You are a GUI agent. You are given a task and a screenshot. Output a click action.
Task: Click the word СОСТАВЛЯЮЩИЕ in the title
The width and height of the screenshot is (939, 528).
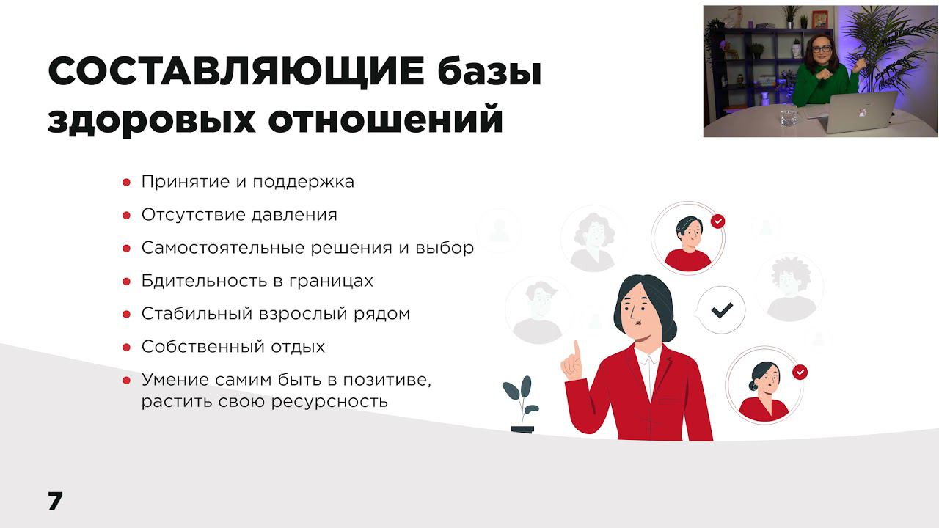(x=236, y=73)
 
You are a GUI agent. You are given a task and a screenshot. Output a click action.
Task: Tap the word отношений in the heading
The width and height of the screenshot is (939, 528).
(x=385, y=120)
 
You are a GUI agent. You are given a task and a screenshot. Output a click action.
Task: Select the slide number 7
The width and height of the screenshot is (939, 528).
(x=55, y=502)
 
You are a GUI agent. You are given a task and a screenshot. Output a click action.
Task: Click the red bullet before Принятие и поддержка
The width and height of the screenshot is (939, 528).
(x=126, y=183)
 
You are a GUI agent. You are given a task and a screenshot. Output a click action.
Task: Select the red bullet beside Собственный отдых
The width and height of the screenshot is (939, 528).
(x=126, y=348)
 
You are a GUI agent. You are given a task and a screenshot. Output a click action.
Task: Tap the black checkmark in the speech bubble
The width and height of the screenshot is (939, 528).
(x=722, y=310)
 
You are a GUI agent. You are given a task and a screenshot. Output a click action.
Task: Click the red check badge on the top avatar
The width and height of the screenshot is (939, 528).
(x=718, y=221)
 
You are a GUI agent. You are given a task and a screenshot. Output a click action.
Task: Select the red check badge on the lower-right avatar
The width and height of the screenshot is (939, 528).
(x=800, y=373)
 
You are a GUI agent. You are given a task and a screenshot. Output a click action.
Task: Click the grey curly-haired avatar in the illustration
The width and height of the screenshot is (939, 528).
(x=790, y=286)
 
